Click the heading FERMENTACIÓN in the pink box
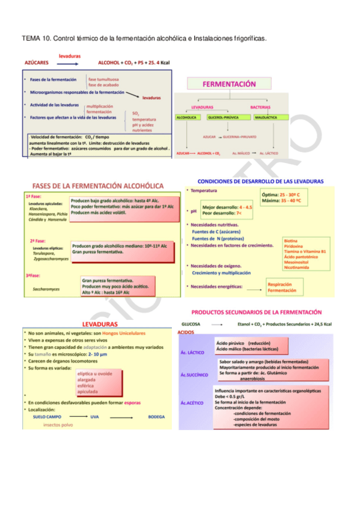coord(230,85)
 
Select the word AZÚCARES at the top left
coord(37,62)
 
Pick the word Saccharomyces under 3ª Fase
coord(46,289)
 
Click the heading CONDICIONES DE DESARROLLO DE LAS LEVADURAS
coord(260,181)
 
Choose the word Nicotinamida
coord(298,267)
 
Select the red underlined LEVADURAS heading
coord(99,324)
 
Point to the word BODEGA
coord(156,416)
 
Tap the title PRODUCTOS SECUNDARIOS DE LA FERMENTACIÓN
coord(256,313)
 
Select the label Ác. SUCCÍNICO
coord(194,374)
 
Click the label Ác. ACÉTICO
coord(193,402)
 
